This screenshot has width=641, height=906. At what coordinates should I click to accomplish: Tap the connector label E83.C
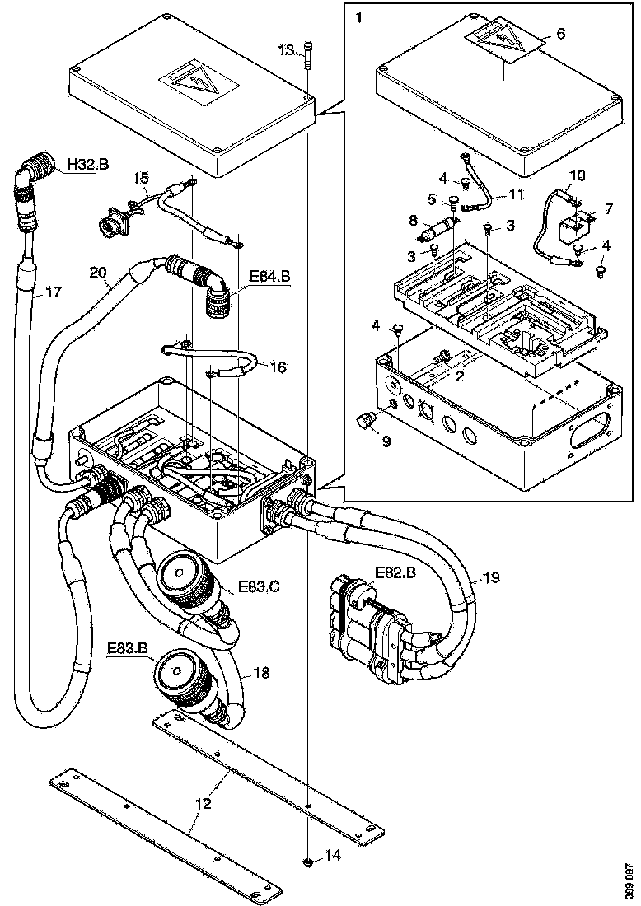pos(259,586)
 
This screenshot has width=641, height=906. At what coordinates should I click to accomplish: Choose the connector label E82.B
pos(395,571)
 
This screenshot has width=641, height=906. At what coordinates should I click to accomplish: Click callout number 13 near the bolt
pos(285,51)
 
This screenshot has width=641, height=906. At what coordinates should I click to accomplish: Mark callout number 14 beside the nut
pos(332,856)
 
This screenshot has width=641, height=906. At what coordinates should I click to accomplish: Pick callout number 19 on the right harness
pos(491,577)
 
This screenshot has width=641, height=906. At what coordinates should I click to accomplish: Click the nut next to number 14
pos(307,862)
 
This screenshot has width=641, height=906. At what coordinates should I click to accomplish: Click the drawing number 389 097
pos(629,881)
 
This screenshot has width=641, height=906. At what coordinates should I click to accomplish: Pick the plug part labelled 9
pos(364,422)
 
